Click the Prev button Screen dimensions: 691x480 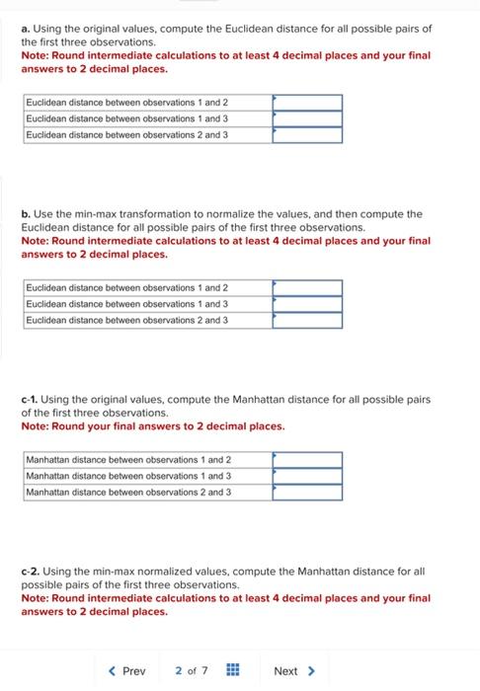point(126,671)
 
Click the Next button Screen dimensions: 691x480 point(293,671)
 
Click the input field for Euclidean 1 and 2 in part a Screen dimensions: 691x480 point(307,103)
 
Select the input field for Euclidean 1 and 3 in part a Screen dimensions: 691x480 point(307,118)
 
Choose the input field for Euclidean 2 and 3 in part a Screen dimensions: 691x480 point(307,134)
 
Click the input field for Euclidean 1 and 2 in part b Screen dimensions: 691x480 point(307,288)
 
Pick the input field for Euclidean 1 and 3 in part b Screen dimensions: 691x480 point(307,304)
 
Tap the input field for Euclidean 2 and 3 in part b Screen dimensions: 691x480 point(307,320)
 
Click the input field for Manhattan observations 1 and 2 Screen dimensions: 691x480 point(307,460)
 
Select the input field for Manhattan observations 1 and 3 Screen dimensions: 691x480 point(307,476)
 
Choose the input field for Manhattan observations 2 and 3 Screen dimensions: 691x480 point(307,492)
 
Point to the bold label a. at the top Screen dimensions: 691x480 point(25,29)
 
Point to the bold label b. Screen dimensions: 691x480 point(25,214)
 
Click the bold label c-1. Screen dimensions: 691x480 point(31,400)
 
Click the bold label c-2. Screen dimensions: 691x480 point(31,572)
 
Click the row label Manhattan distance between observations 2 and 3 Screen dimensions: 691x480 point(128,492)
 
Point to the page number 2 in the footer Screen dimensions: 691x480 point(179,671)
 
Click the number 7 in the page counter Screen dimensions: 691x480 point(204,671)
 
